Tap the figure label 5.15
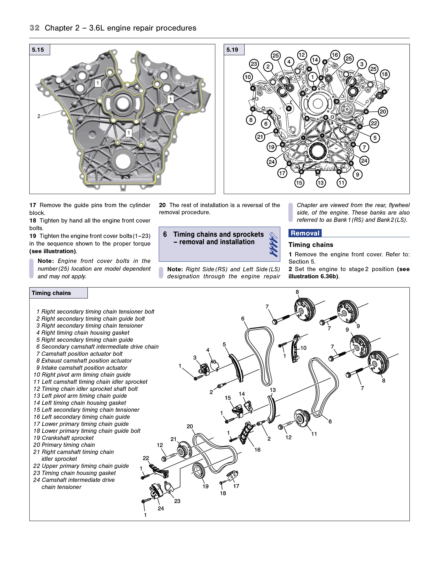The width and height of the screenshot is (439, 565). coord(38,50)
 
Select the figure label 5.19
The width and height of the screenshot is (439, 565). coord(232,50)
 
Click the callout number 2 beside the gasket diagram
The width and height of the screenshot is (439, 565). coord(39,116)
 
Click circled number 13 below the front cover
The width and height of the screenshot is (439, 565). coord(321,183)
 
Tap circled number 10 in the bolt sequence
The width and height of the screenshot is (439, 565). coord(248,77)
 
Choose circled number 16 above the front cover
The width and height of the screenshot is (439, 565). coord(335,55)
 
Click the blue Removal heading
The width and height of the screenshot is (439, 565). coord(305,233)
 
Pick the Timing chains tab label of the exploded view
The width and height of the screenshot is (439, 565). coord(51,293)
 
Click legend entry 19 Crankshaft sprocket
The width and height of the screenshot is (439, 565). coord(63,438)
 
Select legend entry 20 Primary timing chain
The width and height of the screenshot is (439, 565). coord(64,445)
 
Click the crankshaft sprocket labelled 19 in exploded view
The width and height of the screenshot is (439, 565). coord(199,471)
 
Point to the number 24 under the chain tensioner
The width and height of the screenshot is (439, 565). coord(161,508)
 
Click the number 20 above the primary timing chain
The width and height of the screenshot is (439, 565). coord(190,426)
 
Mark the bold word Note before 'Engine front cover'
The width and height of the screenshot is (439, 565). coord(46,261)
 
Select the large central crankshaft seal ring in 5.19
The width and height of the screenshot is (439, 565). coord(318,151)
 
